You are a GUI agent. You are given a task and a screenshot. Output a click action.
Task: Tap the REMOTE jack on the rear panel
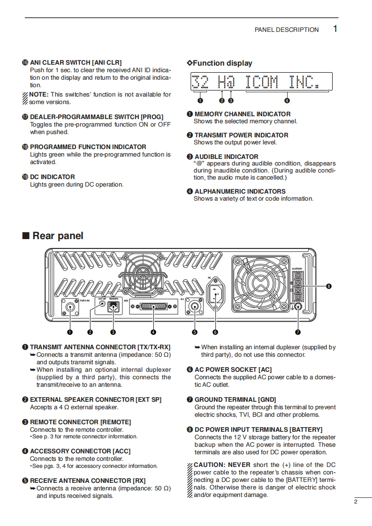tap(113, 307)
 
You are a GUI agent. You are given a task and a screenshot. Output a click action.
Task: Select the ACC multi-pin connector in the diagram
tap(153, 307)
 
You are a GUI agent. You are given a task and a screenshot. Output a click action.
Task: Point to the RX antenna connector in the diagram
tap(195, 307)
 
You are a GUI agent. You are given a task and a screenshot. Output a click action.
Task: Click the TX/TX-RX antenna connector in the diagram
tap(70, 308)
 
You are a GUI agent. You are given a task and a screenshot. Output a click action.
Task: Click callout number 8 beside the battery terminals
tap(329, 286)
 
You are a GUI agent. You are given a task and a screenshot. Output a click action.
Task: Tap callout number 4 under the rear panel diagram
tap(153, 332)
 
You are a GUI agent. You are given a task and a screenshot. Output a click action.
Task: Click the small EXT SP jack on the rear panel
tap(100, 305)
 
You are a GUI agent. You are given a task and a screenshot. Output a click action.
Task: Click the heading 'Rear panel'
tap(58, 235)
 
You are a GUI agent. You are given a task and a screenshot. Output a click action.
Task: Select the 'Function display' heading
tap(222, 63)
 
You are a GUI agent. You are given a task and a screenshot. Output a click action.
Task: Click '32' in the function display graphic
tap(201, 83)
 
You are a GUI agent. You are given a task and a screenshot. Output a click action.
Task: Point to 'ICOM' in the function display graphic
tap(262, 83)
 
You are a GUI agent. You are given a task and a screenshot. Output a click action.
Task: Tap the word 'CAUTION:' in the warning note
tap(210, 465)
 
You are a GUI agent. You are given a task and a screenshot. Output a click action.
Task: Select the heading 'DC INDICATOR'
tap(52, 177)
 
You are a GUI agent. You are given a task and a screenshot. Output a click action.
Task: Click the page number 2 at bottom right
tap(356, 502)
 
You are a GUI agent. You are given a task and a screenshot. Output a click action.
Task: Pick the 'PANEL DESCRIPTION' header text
tap(286, 30)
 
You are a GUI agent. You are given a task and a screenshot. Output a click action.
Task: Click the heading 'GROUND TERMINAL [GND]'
tap(232, 400)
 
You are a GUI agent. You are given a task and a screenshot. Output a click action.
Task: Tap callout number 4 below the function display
tap(287, 100)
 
